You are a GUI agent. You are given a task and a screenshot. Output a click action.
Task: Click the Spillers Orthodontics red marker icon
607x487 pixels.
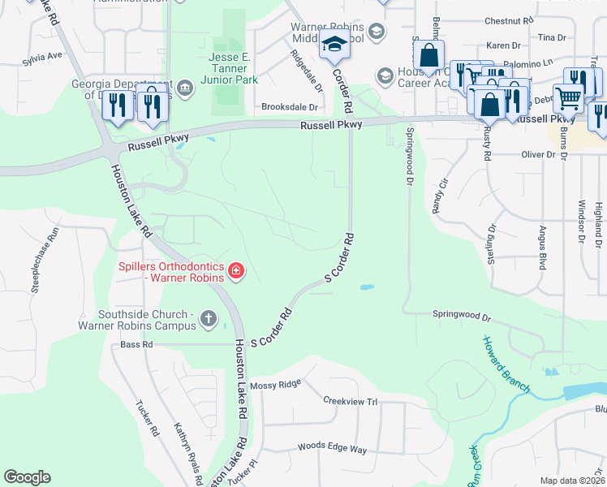(x=235, y=270)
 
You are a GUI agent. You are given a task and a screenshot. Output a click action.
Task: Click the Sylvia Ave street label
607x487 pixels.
(x=42, y=58)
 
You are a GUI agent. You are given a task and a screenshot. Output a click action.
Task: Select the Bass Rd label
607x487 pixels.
(x=136, y=345)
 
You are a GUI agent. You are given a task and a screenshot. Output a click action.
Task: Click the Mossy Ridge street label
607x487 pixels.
(x=276, y=383)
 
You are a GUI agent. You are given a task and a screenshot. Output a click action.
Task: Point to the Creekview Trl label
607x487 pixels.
(x=351, y=401)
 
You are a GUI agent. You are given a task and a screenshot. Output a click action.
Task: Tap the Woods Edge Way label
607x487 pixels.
(x=333, y=448)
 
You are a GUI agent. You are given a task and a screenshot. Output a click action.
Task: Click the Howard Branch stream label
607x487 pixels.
(x=506, y=364)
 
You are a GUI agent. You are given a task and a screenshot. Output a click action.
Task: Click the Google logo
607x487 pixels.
(x=27, y=477)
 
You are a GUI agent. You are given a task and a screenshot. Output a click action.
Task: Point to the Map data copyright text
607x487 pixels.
(x=573, y=481)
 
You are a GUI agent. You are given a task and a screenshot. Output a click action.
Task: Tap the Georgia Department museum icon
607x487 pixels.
(x=184, y=88)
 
